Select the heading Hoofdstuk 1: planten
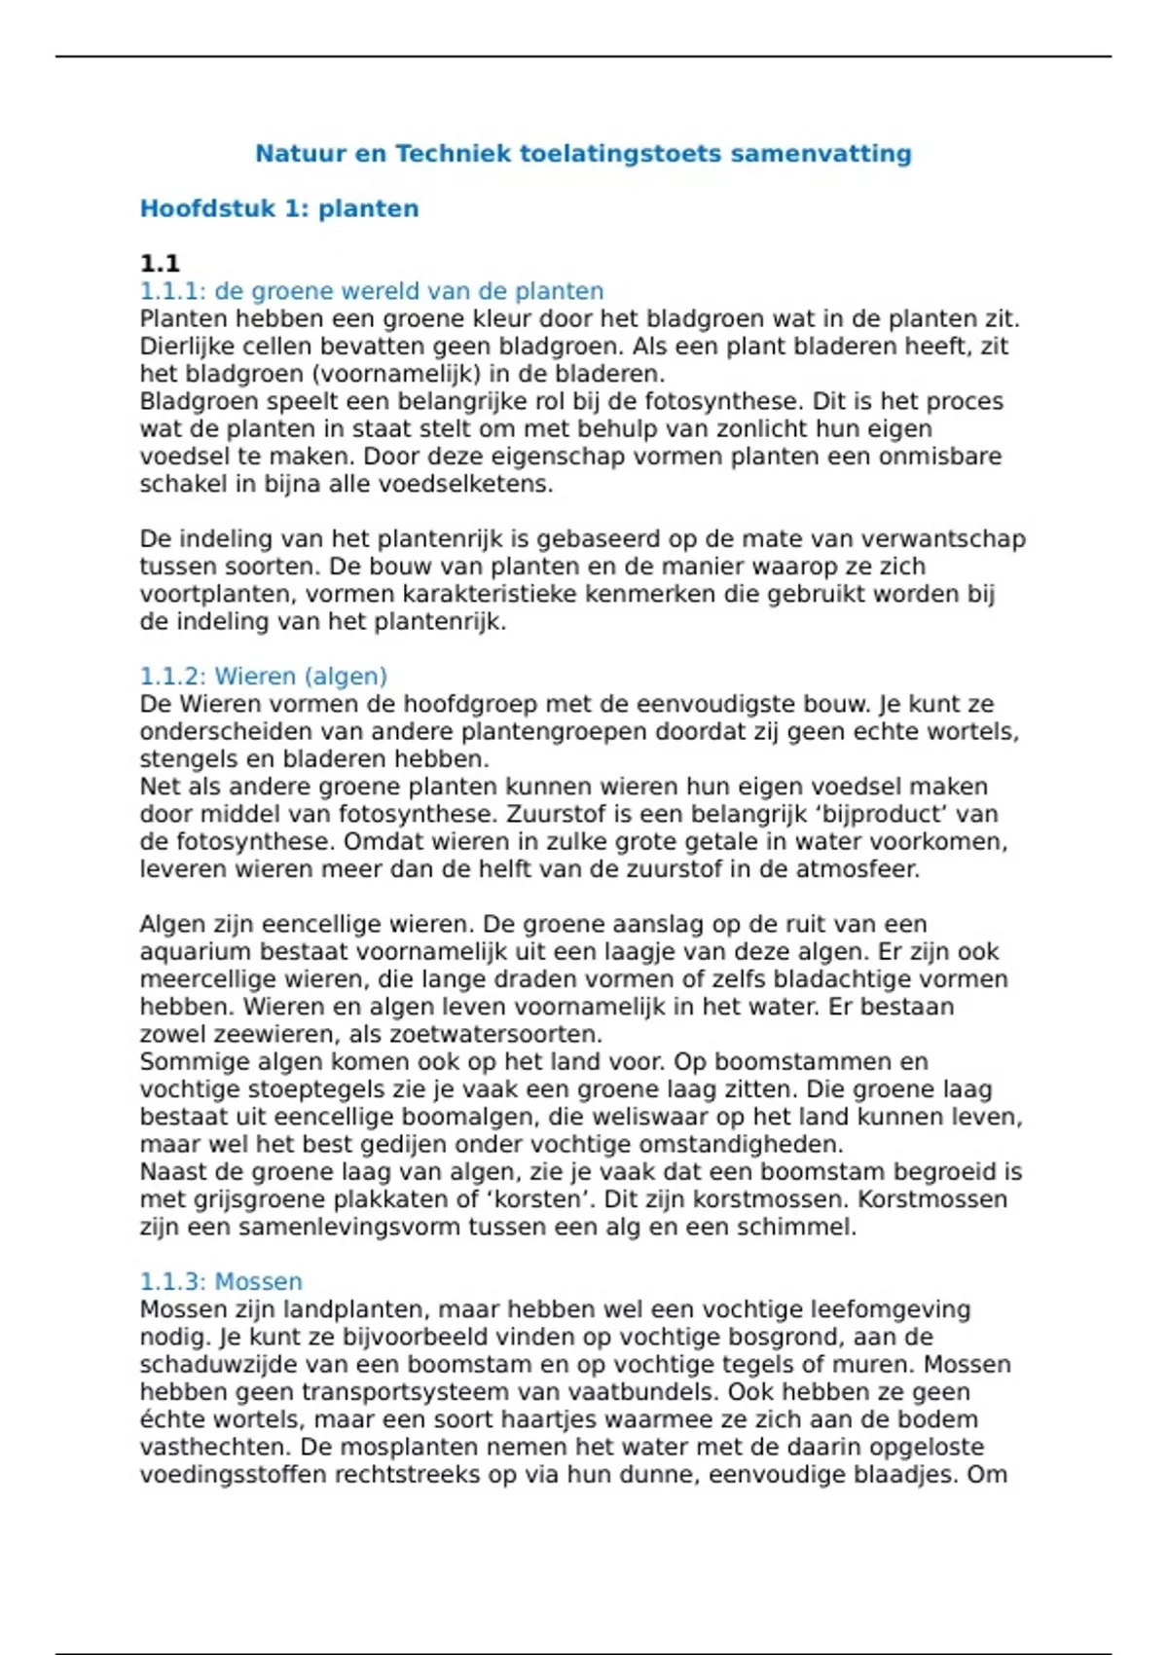pos(279,208)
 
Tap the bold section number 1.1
pos(160,263)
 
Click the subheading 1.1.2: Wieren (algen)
pos(264,676)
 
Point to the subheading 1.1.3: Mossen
pos(221,1281)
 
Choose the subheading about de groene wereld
pos(372,291)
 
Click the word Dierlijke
pos(184,347)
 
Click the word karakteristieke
pos(489,594)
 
